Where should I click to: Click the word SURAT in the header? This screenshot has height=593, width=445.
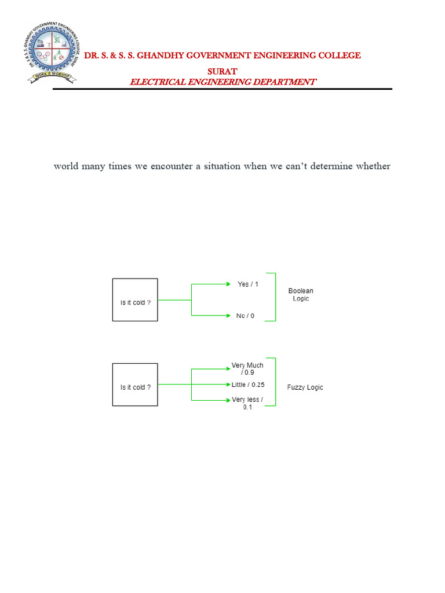pyautogui.click(x=222, y=71)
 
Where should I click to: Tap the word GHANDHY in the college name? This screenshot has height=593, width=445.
pyautogui.click(x=168, y=56)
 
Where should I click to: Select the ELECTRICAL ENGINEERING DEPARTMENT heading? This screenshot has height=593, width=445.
pyautogui.click(x=222, y=82)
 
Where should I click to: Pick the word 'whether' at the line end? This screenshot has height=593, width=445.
pyautogui.click(x=373, y=167)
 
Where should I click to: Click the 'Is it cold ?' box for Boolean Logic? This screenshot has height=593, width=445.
pyautogui.click(x=135, y=300)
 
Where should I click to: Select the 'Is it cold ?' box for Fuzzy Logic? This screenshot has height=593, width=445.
pyautogui.click(x=135, y=385)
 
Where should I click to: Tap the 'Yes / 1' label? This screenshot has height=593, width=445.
pyautogui.click(x=248, y=284)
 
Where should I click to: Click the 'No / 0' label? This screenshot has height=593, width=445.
pyautogui.click(x=245, y=316)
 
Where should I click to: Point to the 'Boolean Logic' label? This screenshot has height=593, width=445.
pyautogui.click(x=301, y=295)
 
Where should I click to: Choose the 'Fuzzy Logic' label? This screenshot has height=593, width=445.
pyautogui.click(x=305, y=387)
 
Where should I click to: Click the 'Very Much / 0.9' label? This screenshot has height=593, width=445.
pyautogui.click(x=247, y=369)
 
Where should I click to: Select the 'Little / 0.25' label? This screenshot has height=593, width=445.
pyautogui.click(x=248, y=385)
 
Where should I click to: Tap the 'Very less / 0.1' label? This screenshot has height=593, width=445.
pyautogui.click(x=247, y=403)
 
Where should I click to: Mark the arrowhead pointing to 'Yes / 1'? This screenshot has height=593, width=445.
pyautogui.click(x=228, y=284)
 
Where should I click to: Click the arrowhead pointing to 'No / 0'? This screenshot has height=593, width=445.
pyautogui.click(x=228, y=316)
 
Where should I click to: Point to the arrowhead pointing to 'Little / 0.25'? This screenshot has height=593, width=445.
pyautogui.click(x=228, y=385)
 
